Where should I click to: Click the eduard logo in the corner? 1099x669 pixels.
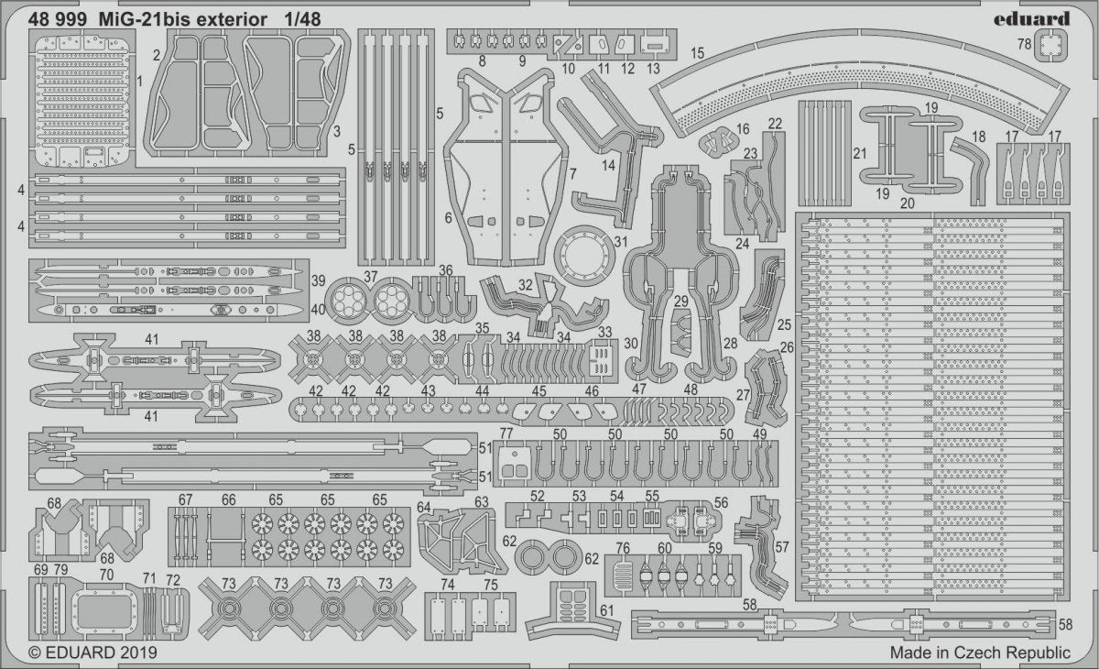click(x=1032, y=19)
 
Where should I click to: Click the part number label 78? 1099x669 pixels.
click(x=1024, y=44)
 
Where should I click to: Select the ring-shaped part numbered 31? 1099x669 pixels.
click(x=584, y=256)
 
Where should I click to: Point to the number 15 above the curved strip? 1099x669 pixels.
click(x=697, y=53)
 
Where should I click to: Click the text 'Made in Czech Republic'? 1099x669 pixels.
click(x=980, y=653)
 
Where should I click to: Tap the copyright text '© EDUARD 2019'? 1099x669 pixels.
click(x=92, y=653)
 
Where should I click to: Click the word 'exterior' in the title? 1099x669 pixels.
click(x=232, y=19)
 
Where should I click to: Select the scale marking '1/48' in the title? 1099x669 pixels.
click(x=302, y=19)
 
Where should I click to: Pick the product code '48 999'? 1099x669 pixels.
click(x=58, y=19)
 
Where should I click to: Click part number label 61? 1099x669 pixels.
click(x=607, y=610)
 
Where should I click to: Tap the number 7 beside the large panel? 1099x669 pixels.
click(x=572, y=174)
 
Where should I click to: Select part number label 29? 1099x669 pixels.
click(x=681, y=301)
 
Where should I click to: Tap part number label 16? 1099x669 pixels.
click(x=743, y=129)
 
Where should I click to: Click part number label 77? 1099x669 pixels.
click(x=506, y=433)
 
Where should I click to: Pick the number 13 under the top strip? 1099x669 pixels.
click(x=653, y=68)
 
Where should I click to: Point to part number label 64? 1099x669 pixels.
click(x=423, y=507)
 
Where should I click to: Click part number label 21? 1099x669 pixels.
click(x=860, y=154)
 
